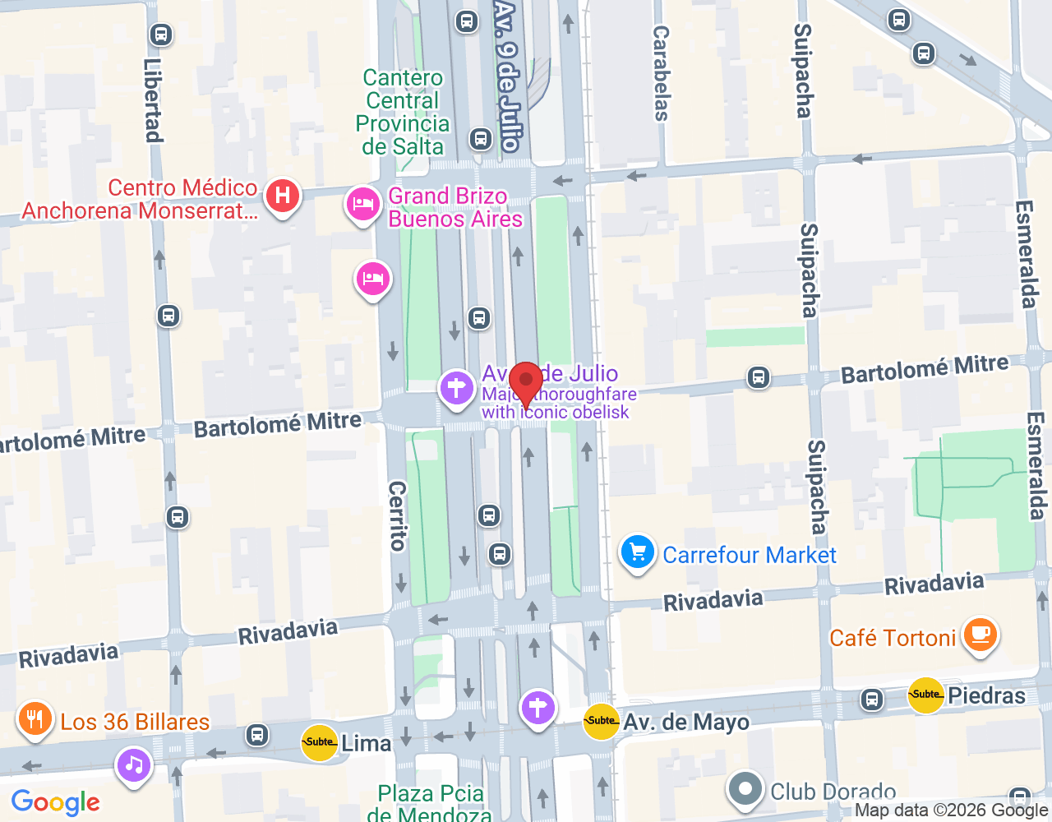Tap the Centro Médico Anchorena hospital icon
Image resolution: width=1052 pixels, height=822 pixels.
click(x=283, y=196)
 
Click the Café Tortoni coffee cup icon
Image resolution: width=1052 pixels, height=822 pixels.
click(x=979, y=635)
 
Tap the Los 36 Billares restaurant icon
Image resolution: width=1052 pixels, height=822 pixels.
click(x=34, y=719)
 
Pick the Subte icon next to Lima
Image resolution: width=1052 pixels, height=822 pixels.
click(x=319, y=741)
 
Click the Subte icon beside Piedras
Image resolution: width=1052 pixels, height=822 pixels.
click(x=925, y=695)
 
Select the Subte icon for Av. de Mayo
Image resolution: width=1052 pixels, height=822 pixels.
click(x=601, y=721)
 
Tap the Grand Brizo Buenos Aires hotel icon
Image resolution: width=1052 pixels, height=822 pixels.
click(x=362, y=204)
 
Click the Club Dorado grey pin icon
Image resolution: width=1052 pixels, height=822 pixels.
click(x=745, y=789)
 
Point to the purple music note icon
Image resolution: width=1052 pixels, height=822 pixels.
click(x=134, y=765)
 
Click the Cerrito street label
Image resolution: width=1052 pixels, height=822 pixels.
click(x=397, y=515)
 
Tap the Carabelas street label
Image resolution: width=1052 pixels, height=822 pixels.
click(x=661, y=73)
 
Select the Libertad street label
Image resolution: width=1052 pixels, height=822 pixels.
click(x=153, y=100)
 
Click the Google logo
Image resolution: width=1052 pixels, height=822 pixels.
click(x=55, y=802)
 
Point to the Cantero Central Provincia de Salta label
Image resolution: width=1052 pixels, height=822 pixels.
click(x=403, y=113)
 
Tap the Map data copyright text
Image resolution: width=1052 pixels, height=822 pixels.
click(x=952, y=810)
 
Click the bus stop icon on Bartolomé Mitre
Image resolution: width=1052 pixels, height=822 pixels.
click(x=758, y=377)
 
